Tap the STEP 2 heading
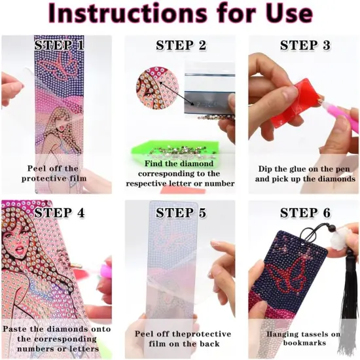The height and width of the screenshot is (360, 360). [x=181, y=46]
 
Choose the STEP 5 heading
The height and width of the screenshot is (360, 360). [x=181, y=213]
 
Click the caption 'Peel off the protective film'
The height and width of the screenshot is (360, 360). [x=56, y=173]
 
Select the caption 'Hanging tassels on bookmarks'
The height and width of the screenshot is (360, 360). [x=304, y=338]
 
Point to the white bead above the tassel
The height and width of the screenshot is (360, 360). [x=338, y=242]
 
